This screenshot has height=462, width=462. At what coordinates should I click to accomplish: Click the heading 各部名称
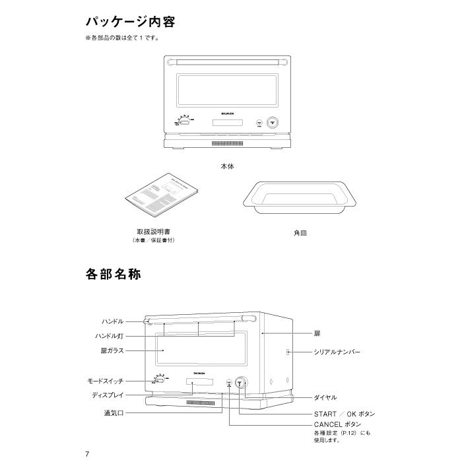[113, 274]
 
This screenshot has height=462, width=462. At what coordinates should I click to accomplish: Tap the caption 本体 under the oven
[227, 167]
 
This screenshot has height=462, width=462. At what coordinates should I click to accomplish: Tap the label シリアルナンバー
[337, 353]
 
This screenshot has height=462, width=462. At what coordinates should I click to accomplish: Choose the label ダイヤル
[325, 398]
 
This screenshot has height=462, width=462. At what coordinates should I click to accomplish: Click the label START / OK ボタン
[345, 414]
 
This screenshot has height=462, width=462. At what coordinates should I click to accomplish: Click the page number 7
[87, 454]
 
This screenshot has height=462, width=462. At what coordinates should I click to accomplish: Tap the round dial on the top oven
[272, 122]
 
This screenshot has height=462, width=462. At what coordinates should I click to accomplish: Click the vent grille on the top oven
[228, 143]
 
